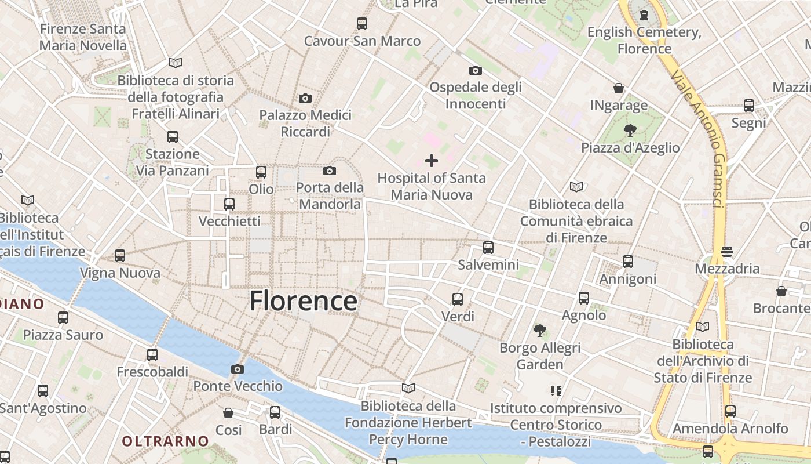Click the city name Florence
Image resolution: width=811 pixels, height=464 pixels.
[x=303, y=301]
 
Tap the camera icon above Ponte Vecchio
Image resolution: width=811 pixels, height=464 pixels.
[x=237, y=369]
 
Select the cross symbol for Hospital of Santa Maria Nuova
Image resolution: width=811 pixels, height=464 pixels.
[x=432, y=161]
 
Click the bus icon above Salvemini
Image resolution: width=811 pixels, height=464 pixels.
[x=488, y=248]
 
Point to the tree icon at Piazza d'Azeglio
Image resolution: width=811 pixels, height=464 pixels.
[x=630, y=130]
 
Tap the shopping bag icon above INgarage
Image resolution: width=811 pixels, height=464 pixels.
[x=619, y=88]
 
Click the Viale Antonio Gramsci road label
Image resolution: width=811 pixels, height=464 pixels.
[x=698, y=139]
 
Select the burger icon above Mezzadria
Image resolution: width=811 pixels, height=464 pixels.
[x=727, y=252]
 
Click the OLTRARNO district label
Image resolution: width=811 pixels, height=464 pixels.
[x=165, y=441]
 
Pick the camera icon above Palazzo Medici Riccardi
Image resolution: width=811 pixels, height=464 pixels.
[x=305, y=98]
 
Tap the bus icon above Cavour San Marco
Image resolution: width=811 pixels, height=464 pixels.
[x=362, y=24]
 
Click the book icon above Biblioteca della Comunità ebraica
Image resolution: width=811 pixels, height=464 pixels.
[x=576, y=187]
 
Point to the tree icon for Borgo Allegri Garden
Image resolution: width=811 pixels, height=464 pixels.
[x=540, y=331]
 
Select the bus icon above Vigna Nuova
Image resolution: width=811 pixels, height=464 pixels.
[x=120, y=256]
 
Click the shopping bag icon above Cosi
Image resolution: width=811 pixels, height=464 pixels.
[x=229, y=413]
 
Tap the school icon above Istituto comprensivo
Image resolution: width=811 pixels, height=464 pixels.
[x=556, y=391]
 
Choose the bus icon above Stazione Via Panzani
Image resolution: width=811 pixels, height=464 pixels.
[x=173, y=137]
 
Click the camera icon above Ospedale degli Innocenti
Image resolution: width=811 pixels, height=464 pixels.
[x=475, y=70]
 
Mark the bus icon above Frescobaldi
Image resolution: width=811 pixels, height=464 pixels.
[x=152, y=354]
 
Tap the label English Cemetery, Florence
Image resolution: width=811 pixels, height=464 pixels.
[x=644, y=40]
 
